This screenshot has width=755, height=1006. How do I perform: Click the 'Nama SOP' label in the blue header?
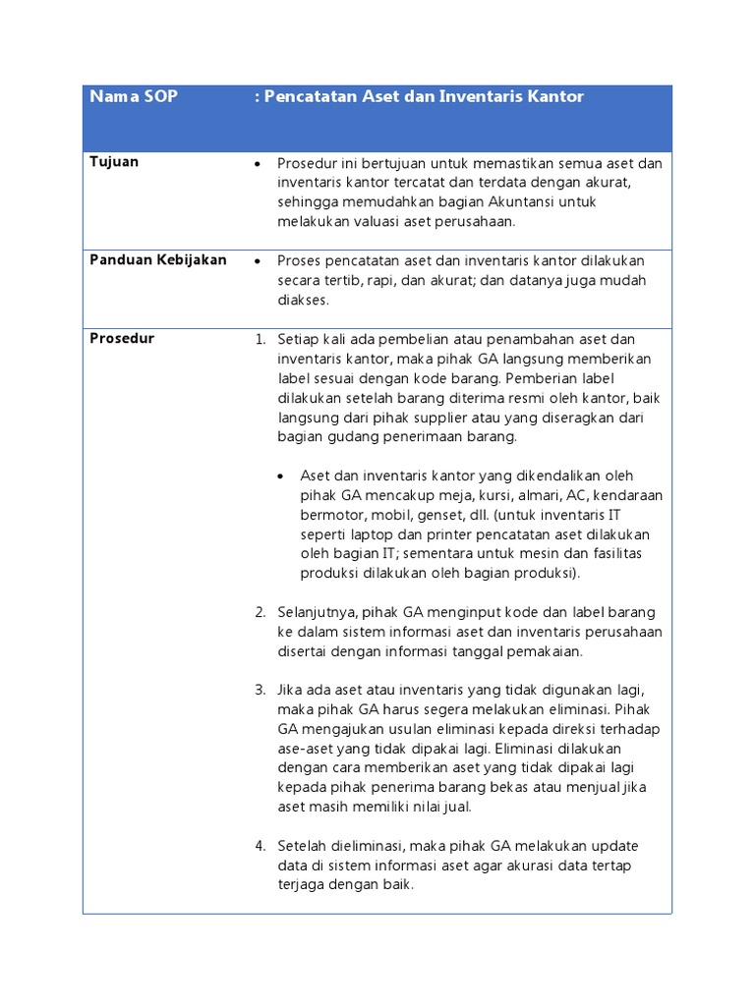coord(134,97)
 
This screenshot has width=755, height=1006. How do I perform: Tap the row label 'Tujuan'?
coord(114,162)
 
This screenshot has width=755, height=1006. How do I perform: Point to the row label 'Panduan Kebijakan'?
coord(158,260)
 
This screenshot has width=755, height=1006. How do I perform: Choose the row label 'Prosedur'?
coord(122,339)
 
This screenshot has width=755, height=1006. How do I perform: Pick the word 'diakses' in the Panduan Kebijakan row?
coord(302,301)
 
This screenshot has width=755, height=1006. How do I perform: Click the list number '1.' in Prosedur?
coord(261,340)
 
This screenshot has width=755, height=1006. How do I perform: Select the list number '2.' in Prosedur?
coord(261,612)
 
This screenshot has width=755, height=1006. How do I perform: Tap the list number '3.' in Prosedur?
coord(261,690)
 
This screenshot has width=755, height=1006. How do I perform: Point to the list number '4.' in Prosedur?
coord(261,846)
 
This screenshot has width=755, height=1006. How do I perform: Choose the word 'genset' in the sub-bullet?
coord(492,515)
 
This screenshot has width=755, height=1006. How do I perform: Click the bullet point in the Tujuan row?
coord(256,164)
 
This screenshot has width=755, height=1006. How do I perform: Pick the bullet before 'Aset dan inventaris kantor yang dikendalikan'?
coord(281,476)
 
